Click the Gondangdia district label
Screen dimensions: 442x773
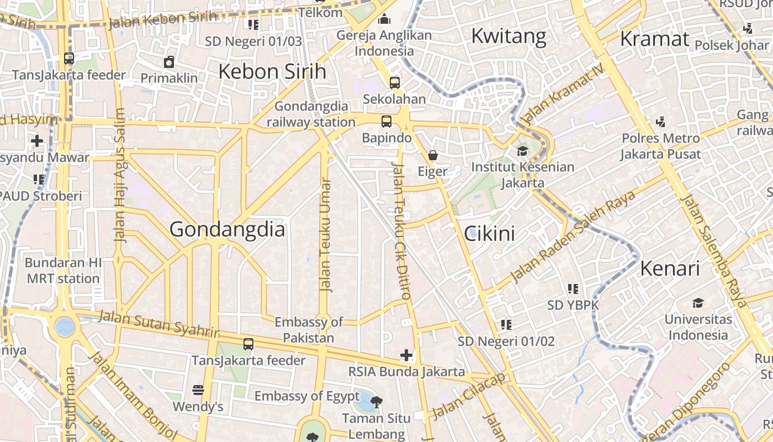click(x=227, y=229)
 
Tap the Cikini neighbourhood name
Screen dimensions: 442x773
click(x=489, y=234)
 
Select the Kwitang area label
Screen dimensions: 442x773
click(x=509, y=36)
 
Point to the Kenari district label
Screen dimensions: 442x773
click(x=670, y=269)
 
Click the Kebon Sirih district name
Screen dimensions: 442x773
click(x=272, y=71)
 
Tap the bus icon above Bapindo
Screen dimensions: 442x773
click(x=386, y=122)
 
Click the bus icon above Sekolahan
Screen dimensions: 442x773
click(x=394, y=83)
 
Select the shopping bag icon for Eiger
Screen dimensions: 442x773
click(x=433, y=155)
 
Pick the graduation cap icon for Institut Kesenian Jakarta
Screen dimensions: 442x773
click(x=522, y=151)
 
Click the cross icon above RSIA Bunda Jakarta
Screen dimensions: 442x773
click(x=406, y=355)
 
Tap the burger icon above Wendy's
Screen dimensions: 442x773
click(x=198, y=390)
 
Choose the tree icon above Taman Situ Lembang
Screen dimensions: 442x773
click(x=377, y=402)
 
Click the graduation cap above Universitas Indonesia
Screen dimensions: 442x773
click(x=698, y=303)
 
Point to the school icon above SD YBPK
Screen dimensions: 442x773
click(x=573, y=288)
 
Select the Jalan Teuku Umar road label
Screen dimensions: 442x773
click(x=326, y=235)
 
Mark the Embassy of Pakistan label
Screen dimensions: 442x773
click(x=309, y=330)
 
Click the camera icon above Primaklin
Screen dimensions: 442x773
click(x=169, y=62)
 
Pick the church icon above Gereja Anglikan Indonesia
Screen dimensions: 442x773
click(x=384, y=20)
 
